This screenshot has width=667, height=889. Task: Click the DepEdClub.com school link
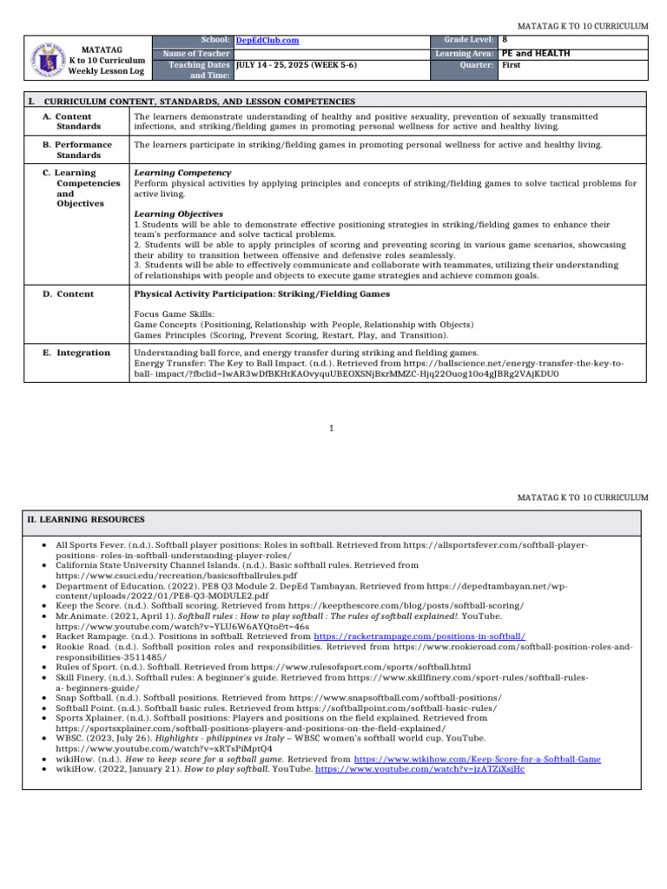click(267, 40)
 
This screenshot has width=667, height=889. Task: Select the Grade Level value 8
click(505, 40)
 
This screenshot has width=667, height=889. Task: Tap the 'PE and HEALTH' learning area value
click(536, 53)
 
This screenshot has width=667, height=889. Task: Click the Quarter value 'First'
click(512, 65)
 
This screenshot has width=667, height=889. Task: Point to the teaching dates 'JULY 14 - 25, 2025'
click(295, 65)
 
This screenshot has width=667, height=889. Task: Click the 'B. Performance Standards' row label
click(77, 149)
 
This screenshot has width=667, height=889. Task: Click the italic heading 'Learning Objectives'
click(178, 214)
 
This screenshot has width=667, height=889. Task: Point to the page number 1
click(333, 428)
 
